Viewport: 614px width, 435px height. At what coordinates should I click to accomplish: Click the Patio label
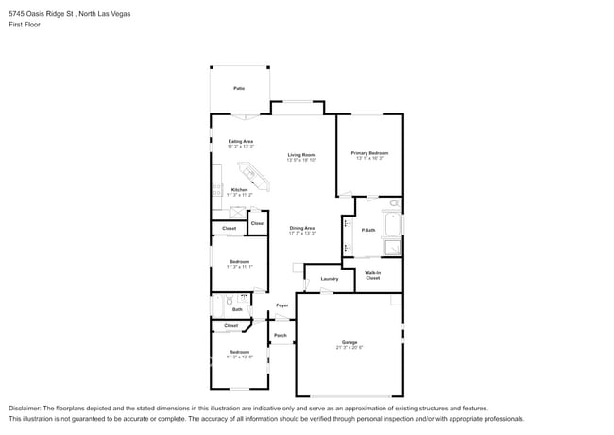(239, 88)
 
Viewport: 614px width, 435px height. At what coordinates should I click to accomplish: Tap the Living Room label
(301, 154)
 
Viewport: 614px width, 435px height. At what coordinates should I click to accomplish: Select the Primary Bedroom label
(369, 153)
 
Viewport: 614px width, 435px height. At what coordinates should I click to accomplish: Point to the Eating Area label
(240, 141)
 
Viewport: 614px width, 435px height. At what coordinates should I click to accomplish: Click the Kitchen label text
(240, 189)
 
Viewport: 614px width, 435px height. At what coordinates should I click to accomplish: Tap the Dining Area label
(301, 228)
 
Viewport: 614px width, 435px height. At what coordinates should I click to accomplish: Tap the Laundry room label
(329, 279)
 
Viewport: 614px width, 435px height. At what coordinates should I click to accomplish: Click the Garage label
(350, 342)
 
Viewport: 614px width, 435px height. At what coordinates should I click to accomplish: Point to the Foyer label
(281, 305)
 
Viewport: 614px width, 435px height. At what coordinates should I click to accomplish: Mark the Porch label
(281, 336)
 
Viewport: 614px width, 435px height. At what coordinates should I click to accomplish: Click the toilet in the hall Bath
(230, 303)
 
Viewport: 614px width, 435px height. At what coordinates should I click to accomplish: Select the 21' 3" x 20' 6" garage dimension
(350, 348)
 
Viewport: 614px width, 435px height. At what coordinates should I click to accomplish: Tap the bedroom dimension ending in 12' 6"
(239, 357)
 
